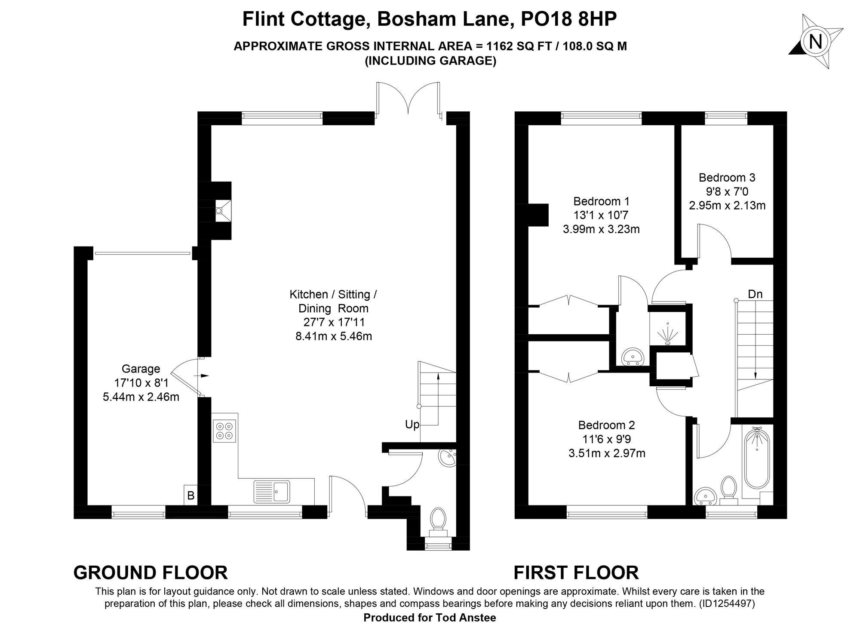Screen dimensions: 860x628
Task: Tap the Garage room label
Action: click(x=141, y=369)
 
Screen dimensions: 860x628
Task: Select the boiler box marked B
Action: click(x=190, y=495)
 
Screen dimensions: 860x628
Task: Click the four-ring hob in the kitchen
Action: click(x=224, y=431)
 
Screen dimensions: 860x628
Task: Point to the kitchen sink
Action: click(x=272, y=491)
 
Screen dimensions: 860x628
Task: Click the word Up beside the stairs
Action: click(x=412, y=425)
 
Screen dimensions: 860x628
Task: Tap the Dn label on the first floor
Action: click(x=755, y=294)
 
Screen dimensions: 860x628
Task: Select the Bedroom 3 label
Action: click(x=727, y=177)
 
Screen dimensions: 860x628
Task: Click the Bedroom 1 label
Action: click(x=602, y=201)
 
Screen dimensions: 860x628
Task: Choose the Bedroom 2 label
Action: click(x=606, y=425)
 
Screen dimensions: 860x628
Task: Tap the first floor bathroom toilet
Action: click(x=728, y=489)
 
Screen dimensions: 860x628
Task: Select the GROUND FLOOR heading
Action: click(x=150, y=573)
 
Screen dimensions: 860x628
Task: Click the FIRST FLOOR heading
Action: click(x=576, y=573)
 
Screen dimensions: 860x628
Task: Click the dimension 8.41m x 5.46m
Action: click(x=334, y=336)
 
